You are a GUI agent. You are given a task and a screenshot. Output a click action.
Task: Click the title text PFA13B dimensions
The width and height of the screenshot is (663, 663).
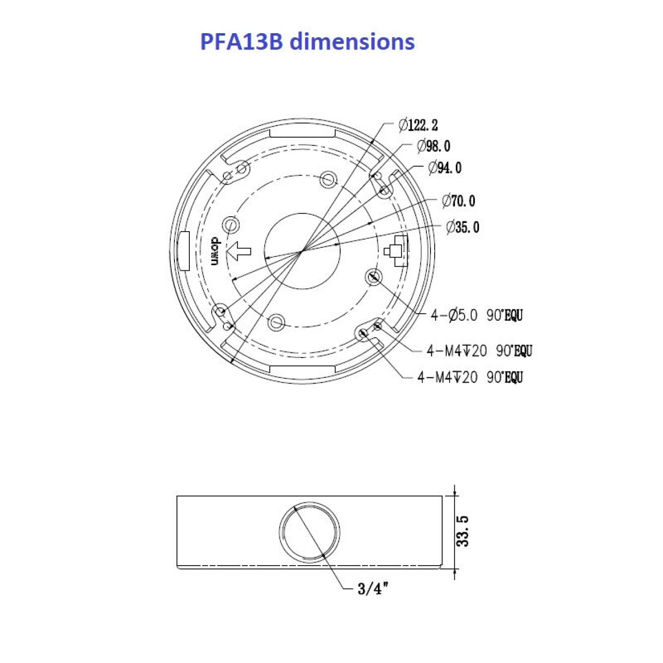coord(307,41)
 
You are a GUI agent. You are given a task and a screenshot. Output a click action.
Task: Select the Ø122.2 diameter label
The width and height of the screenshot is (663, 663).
coord(418,124)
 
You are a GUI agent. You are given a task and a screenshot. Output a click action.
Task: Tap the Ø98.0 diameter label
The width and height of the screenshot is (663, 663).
coord(433,146)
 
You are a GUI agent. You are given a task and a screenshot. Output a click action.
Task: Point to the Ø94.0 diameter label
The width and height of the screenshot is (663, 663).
coord(445,167)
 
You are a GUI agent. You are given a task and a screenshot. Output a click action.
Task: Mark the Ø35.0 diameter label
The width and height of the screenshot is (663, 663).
coord(463,227)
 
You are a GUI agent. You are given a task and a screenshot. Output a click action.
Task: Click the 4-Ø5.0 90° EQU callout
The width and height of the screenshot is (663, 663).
coord(476,316)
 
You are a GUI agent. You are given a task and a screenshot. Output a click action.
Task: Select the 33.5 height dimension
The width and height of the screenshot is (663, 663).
coord(463,531)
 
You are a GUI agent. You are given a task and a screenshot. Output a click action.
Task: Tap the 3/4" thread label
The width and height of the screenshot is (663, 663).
coord(373,589)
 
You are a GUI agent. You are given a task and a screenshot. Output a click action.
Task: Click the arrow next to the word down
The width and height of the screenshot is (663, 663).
coord(239,250)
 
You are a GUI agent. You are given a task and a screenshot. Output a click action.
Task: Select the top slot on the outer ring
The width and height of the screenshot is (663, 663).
coord(302,133)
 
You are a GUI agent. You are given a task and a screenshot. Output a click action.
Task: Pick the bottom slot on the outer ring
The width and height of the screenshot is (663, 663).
coord(302,370)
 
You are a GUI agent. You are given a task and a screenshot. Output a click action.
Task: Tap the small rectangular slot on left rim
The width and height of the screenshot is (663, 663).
coord(184,251)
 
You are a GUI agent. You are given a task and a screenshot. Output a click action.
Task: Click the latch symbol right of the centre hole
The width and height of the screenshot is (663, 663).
coord(397,251)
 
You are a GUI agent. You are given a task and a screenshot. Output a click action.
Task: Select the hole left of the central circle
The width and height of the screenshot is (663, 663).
coord(232,224)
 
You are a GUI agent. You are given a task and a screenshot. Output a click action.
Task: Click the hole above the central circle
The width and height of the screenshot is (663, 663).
coord(328,179)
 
